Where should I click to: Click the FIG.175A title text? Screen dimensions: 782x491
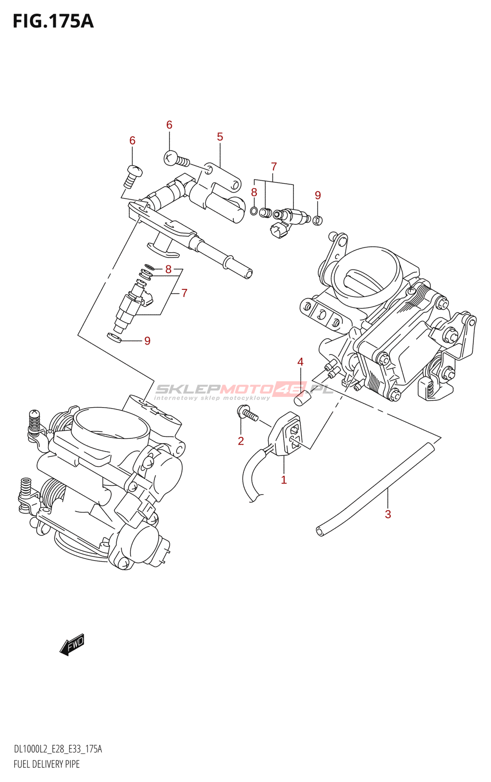(x=53, y=22)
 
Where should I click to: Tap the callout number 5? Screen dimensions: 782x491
(x=220, y=137)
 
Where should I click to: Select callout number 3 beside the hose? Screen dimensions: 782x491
(x=388, y=514)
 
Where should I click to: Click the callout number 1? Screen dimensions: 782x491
(x=284, y=480)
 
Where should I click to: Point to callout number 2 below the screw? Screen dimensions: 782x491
(x=241, y=441)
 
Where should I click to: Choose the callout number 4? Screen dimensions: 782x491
(x=300, y=362)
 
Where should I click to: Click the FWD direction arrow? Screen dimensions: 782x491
(x=72, y=645)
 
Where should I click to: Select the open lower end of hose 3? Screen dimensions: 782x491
(x=320, y=531)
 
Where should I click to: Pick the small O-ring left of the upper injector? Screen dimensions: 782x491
(x=254, y=211)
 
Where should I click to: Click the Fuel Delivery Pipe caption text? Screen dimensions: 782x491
(x=46, y=764)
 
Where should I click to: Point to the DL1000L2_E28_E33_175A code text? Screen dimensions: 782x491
(x=58, y=749)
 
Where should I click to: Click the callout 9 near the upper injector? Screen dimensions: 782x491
(x=318, y=195)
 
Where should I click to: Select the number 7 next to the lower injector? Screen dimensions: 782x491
(x=184, y=293)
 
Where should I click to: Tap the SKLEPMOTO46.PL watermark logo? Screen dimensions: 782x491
(x=243, y=390)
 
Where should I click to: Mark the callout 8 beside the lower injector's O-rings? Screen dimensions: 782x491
(x=168, y=269)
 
